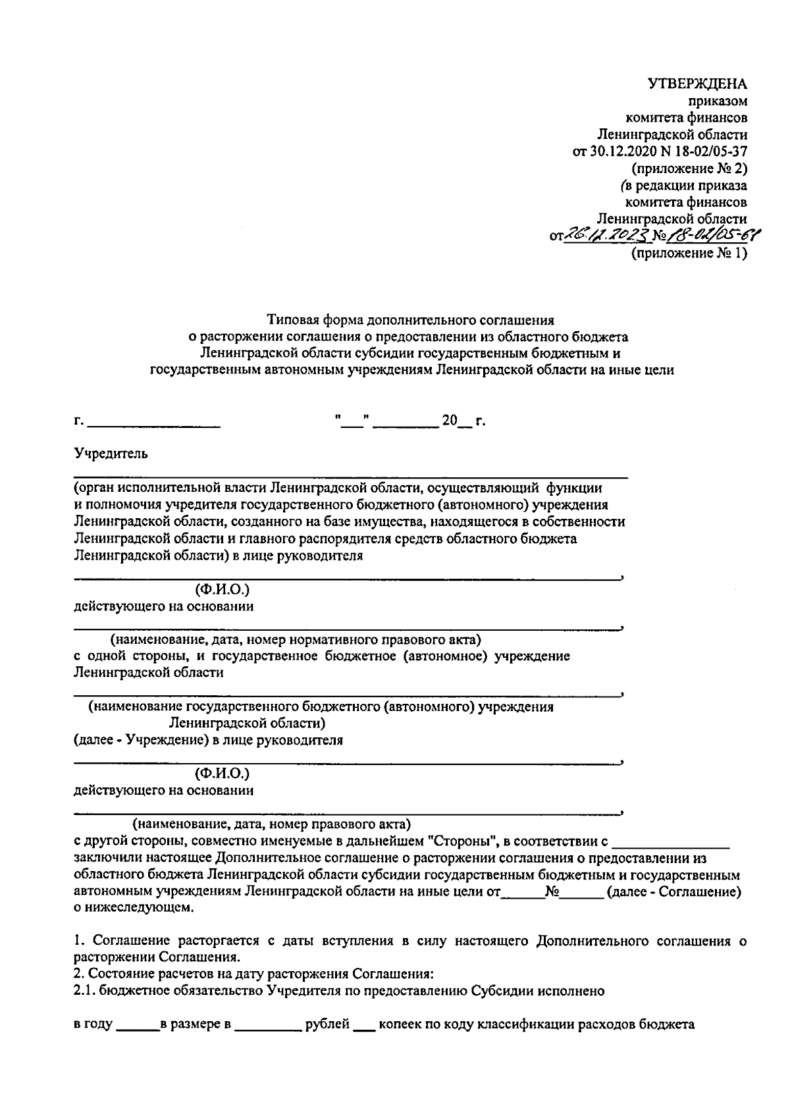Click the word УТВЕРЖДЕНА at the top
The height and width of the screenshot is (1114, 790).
pyautogui.click(x=697, y=84)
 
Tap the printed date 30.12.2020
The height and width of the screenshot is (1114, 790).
pyautogui.click(x=617, y=151)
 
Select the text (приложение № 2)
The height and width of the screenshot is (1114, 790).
pyautogui.click(x=689, y=168)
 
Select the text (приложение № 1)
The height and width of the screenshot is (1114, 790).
pyautogui.click(x=689, y=253)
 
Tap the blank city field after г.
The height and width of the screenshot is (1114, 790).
pyautogui.click(x=154, y=421)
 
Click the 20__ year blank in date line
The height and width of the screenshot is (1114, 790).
pyautogui.click(x=457, y=421)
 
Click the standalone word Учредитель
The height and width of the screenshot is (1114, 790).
pyautogui.click(x=111, y=454)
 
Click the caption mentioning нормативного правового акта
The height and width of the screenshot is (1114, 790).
pyautogui.click(x=295, y=639)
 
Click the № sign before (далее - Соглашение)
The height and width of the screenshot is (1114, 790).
pyautogui.click(x=552, y=892)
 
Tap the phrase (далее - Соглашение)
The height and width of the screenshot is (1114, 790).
pyautogui.click(x=674, y=892)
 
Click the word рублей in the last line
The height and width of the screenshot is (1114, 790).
pyautogui.click(x=327, y=1043)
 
